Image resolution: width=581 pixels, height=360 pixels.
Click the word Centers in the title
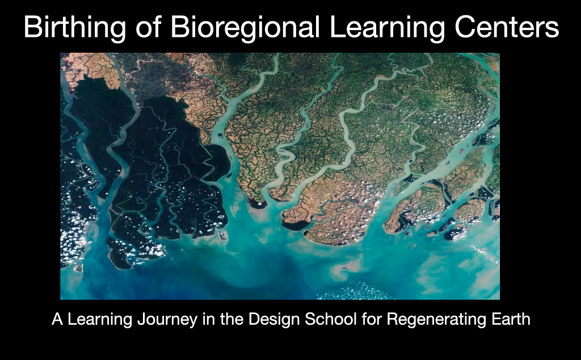pos(507,27)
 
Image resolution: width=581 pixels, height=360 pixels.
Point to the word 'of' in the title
pos(148,27)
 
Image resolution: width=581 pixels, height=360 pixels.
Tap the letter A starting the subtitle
pos(57,319)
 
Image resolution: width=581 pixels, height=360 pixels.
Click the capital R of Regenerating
pos(393,319)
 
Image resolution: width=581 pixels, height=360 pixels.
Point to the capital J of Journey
pos(141,319)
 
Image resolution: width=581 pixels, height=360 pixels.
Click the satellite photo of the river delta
pos(280,176)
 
